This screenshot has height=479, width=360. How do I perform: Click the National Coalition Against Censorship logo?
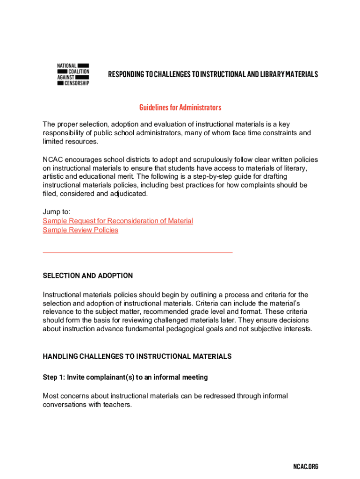73,74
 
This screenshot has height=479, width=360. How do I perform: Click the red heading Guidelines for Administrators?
180,108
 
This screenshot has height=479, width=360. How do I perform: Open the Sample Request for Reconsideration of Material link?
118,221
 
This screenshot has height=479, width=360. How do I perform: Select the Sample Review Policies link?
80,230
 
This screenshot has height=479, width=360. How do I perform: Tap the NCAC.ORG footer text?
305,466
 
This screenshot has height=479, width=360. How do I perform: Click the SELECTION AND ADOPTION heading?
88,276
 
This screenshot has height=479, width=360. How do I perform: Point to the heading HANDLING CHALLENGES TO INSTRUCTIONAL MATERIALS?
137,356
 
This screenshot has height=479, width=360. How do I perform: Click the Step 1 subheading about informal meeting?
125,377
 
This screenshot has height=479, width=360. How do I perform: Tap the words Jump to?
57,212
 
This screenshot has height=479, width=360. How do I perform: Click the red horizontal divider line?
137,253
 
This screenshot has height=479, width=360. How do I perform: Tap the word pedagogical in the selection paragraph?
203,329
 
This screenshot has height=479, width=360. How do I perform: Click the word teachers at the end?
117,405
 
